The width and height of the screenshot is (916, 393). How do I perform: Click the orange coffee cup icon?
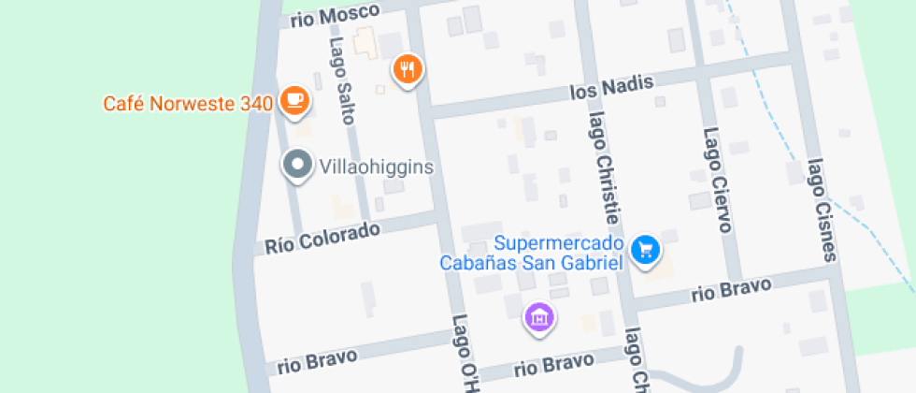(x=295, y=100)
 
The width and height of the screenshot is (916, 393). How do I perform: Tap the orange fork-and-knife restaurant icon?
(x=408, y=68)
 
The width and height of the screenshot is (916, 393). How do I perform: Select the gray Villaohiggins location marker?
(x=297, y=165)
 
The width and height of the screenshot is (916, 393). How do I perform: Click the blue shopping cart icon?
(x=646, y=249)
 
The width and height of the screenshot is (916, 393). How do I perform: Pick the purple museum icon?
(x=539, y=316)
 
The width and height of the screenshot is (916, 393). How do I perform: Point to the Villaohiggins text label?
(x=377, y=167)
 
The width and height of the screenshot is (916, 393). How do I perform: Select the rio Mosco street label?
(x=335, y=16)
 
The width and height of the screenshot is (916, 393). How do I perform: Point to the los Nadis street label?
(x=611, y=91)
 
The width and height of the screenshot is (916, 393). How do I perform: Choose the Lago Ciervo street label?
(x=716, y=179)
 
